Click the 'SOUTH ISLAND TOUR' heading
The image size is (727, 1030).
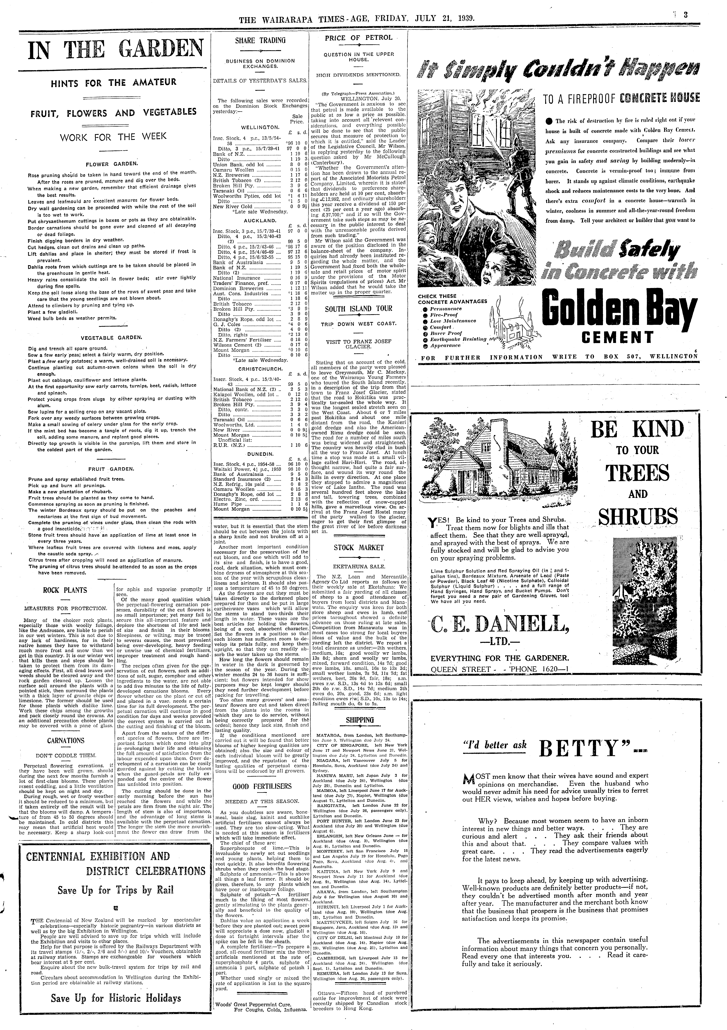tap(358, 309)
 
